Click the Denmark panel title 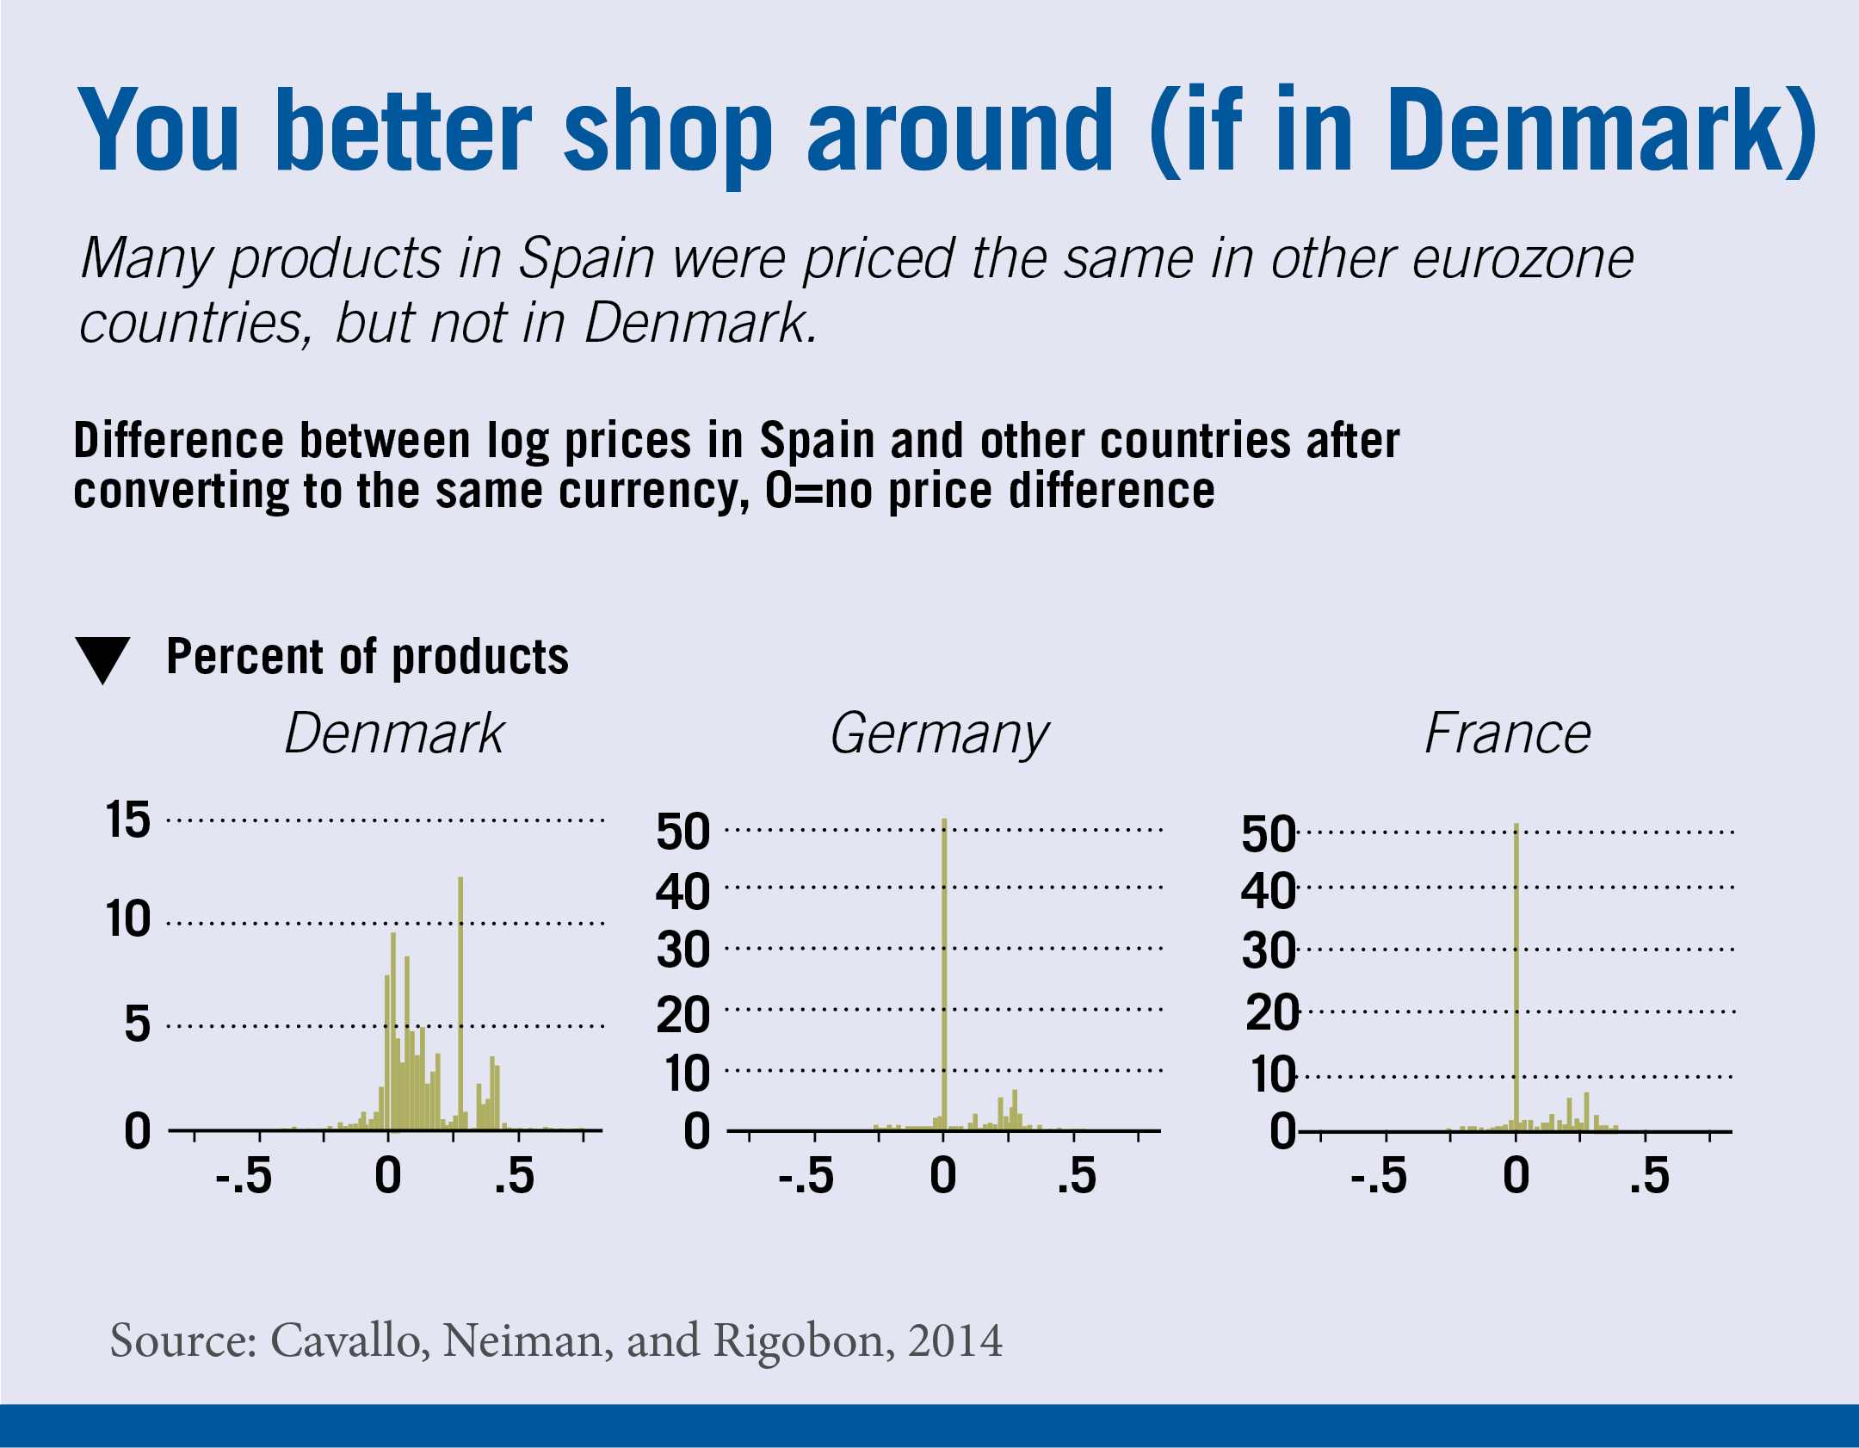[394, 733]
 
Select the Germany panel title [939, 735]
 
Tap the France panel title [1508, 733]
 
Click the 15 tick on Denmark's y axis [127, 820]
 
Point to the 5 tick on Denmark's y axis [137, 1024]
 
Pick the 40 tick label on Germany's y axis [682, 891]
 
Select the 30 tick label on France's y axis [1268, 951]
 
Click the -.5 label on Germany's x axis [806, 1176]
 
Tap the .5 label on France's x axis [1649, 1176]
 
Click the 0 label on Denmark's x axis [388, 1176]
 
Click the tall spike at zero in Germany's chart [944, 973]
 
